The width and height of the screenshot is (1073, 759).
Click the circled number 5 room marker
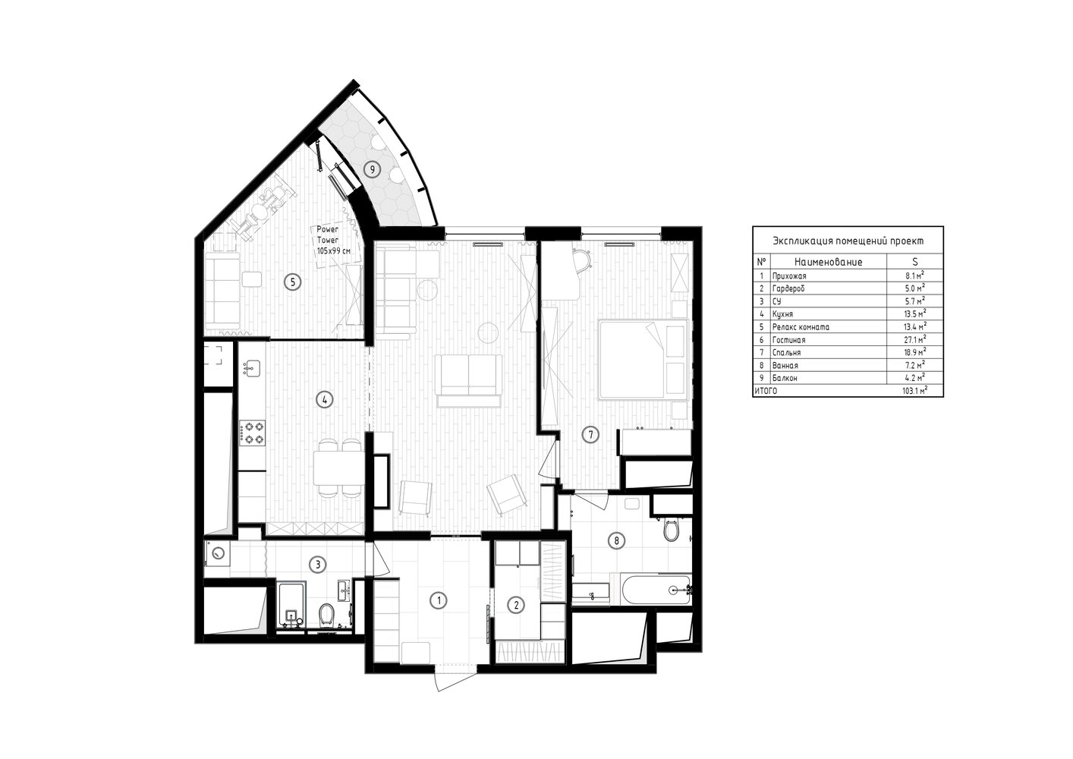(293, 282)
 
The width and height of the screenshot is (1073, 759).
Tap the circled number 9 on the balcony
(372, 169)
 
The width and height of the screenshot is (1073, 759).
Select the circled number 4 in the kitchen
(325, 399)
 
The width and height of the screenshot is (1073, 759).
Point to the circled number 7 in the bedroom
(590, 435)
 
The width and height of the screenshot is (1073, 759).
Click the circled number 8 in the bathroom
(616, 540)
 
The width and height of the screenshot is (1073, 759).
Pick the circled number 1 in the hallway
(439, 600)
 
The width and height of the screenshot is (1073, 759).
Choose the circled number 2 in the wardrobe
(516, 605)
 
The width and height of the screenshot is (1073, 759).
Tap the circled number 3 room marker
(318, 565)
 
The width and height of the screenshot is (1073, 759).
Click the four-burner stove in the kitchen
(253, 432)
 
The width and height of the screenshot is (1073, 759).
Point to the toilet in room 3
(327, 614)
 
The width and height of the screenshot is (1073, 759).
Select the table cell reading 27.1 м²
(914, 339)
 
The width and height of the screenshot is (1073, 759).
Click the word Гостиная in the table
(788, 340)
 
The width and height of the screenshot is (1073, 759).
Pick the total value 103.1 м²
(914, 391)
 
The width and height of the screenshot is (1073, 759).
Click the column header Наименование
(828, 262)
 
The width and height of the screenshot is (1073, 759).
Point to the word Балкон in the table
(785, 379)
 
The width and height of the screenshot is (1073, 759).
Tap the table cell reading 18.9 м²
(914, 352)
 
